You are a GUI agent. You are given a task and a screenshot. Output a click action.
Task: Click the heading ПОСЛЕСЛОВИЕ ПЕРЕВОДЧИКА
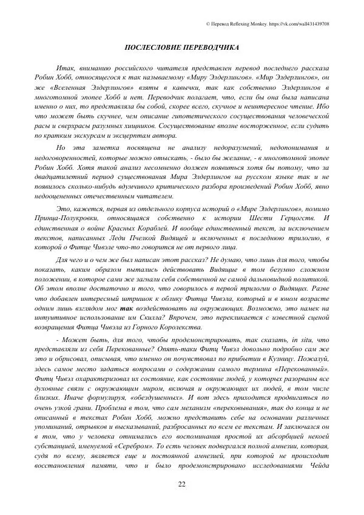coord(181,47)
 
